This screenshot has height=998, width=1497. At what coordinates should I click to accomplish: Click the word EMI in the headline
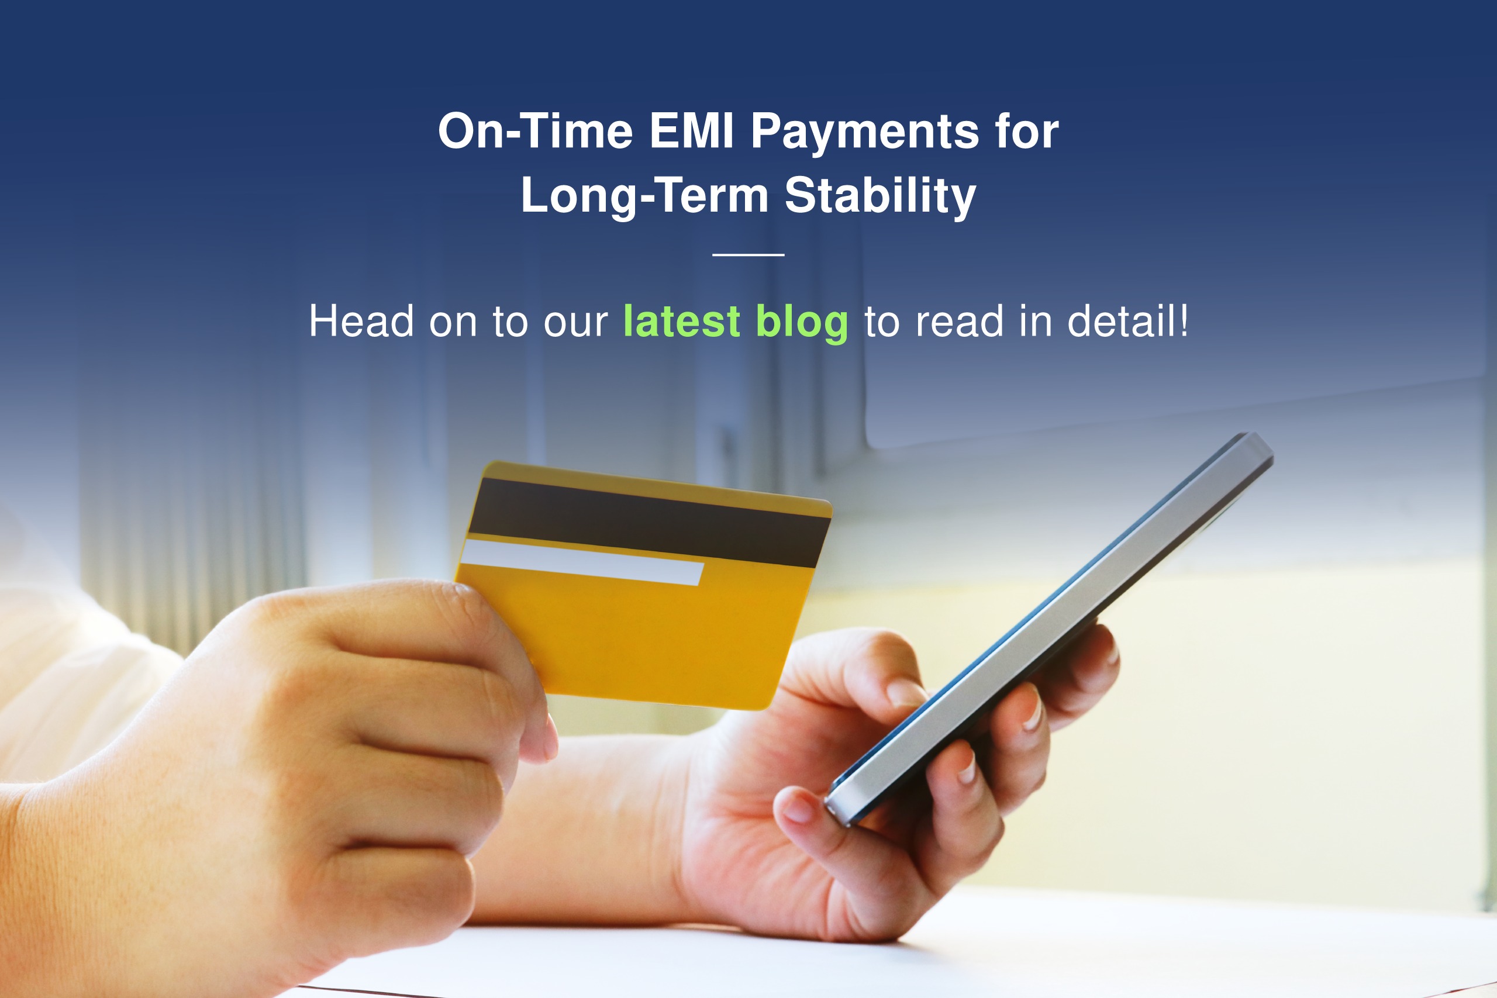692,131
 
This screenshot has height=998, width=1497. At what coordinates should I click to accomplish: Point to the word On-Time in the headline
536,131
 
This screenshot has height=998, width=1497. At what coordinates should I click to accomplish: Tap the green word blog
802,323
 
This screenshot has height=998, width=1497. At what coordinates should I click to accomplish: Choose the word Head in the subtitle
361,321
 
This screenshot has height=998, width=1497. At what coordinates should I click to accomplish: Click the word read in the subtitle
959,321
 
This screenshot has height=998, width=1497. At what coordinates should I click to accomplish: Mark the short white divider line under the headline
748,254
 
